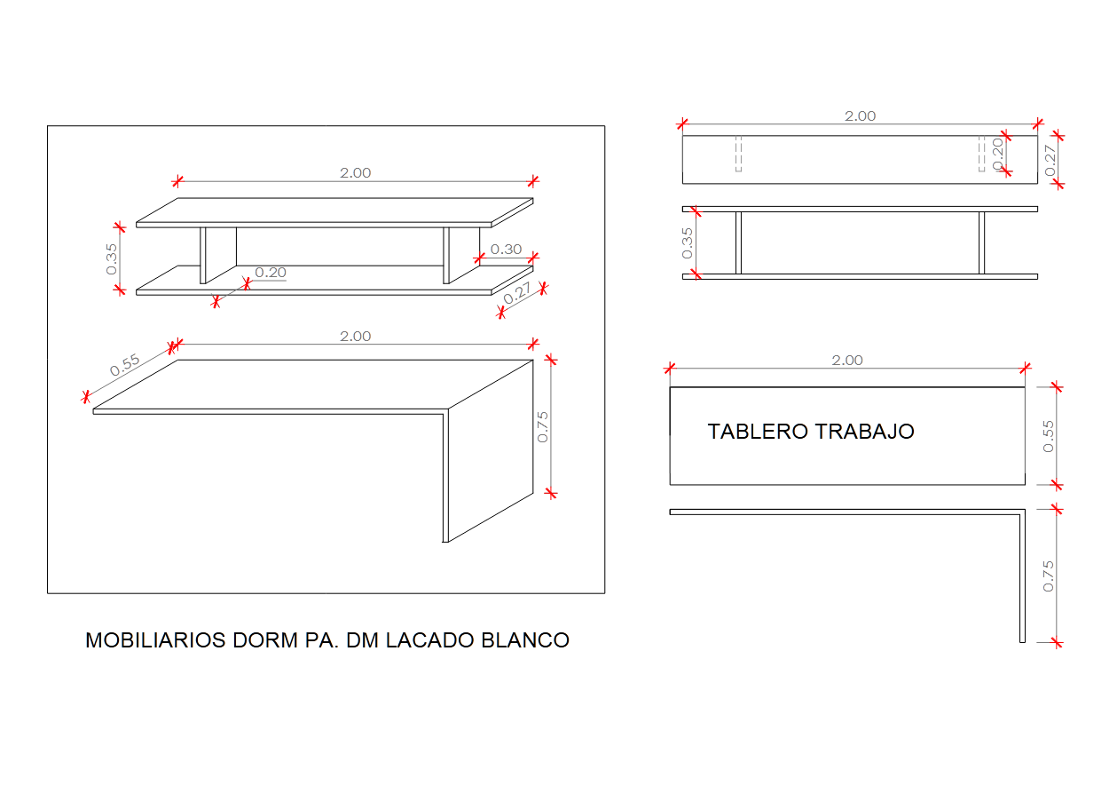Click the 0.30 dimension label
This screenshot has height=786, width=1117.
506,249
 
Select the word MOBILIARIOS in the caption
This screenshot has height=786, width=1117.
155,640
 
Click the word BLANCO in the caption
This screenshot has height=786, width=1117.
525,640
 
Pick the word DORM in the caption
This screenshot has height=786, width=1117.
265,640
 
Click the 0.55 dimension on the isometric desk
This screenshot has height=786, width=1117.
125,365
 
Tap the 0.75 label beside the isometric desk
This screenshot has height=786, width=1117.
543,427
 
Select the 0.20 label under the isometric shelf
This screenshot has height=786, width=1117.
271,273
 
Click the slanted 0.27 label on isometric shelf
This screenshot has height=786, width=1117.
516,293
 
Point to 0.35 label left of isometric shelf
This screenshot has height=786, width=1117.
111,259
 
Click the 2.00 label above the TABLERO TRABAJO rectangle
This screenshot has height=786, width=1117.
846,361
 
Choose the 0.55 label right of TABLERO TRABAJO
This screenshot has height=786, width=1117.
1048,437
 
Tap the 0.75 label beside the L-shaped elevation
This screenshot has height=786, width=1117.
1048,576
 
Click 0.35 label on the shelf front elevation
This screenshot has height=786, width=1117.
688,243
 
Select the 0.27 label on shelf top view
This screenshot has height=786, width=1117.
1050,161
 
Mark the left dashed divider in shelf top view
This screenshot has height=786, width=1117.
738,154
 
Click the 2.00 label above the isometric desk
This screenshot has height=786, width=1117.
355,337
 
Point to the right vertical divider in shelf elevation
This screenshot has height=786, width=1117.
981,243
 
